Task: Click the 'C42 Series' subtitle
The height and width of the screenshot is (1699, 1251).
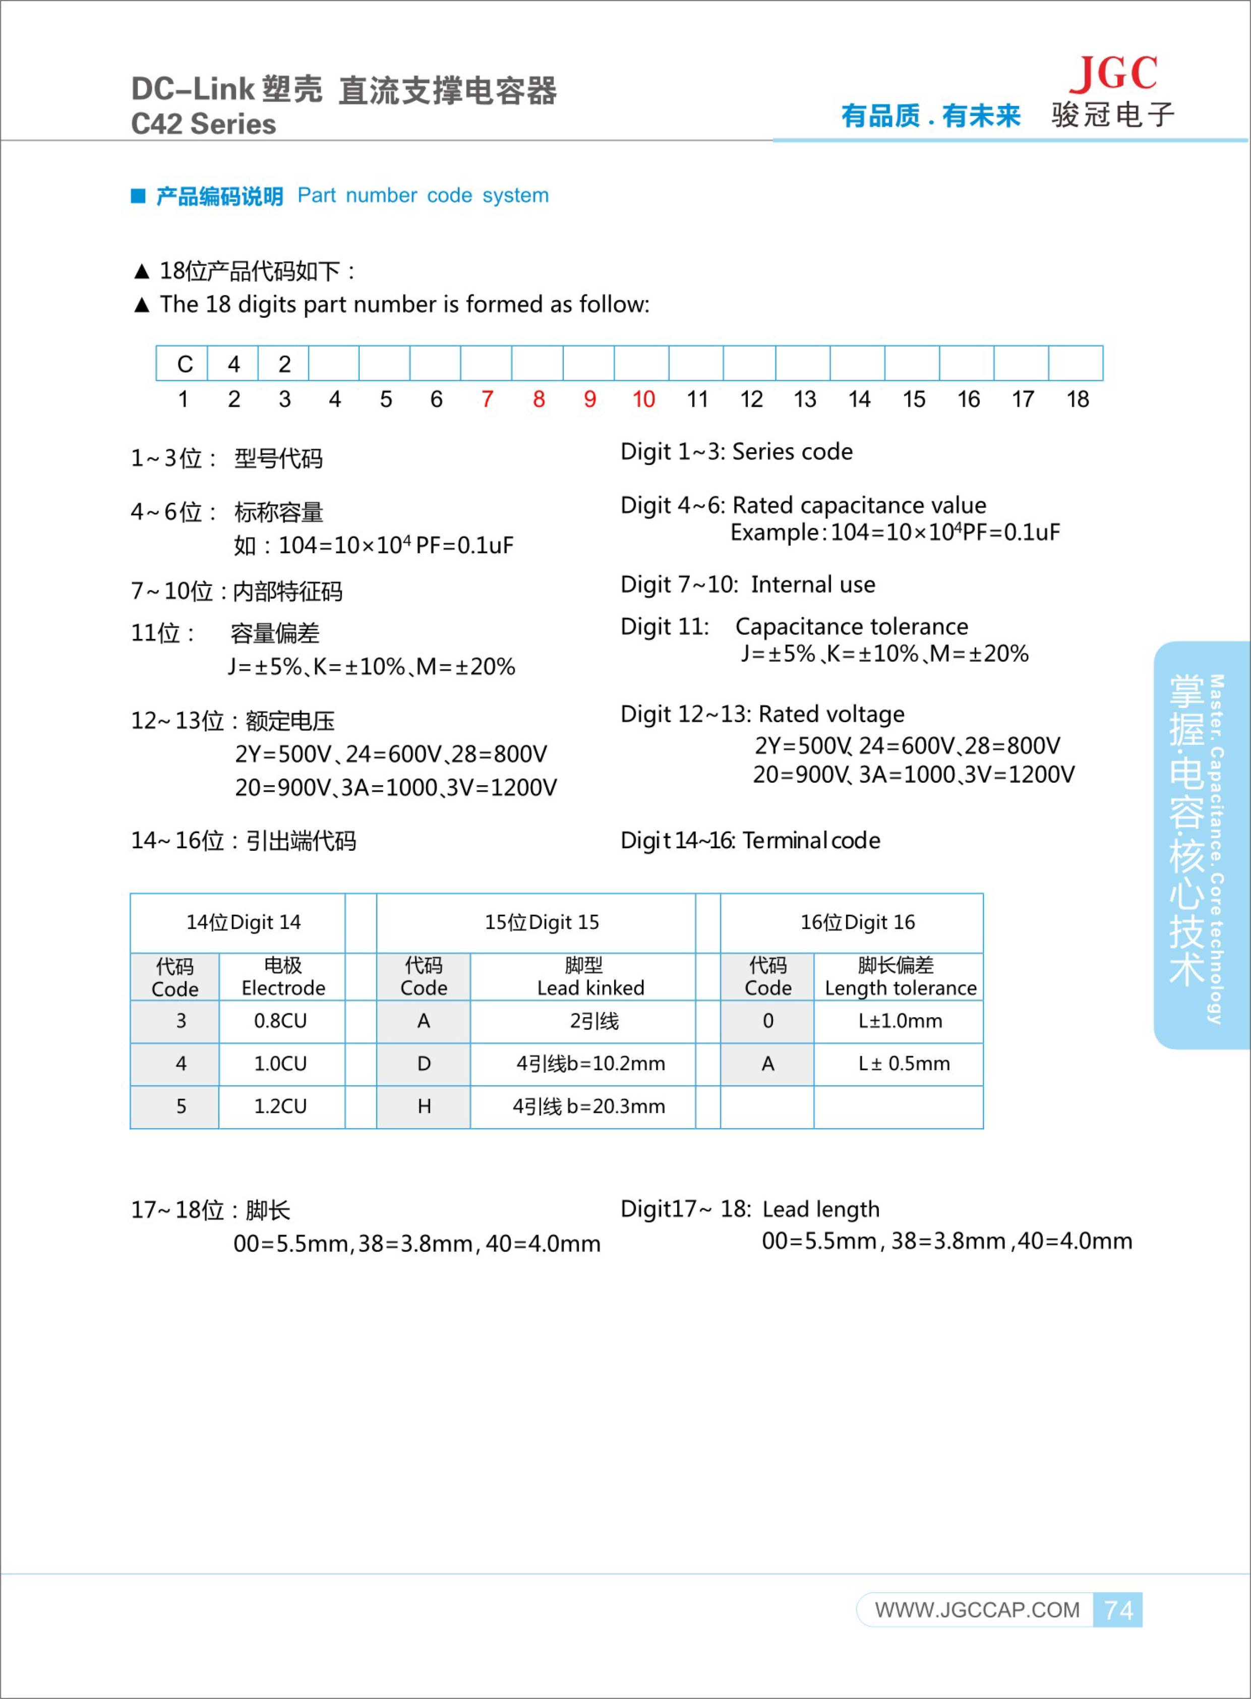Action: (x=203, y=124)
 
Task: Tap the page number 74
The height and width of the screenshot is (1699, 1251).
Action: (x=1118, y=1610)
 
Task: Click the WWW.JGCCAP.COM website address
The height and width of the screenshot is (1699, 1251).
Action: (x=977, y=1610)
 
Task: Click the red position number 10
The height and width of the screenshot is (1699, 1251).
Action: (x=643, y=400)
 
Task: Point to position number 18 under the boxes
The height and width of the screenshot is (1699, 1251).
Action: (x=1077, y=400)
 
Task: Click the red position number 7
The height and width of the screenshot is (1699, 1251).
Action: (x=487, y=400)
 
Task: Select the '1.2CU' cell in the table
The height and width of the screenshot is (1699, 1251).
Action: (x=280, y=1106)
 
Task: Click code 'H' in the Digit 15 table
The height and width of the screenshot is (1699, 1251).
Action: (x=424, y=1106)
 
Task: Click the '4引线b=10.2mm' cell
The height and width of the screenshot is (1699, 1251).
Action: (x=590, y=1064)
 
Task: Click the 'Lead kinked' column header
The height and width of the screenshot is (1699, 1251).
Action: (x=590, y=988)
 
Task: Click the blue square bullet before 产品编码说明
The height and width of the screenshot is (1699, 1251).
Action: (x=138, y=196)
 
